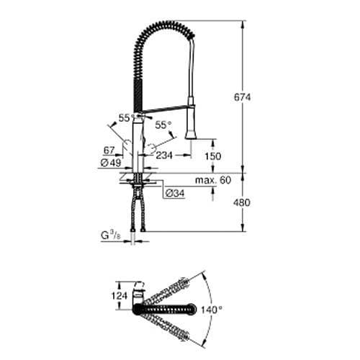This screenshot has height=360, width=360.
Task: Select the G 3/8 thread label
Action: (110, 234)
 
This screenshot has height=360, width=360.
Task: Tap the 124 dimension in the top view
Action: (120, 295)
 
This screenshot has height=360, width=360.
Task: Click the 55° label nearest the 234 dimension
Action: (164, 125)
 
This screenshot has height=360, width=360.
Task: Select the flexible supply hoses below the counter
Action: (138, 209)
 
